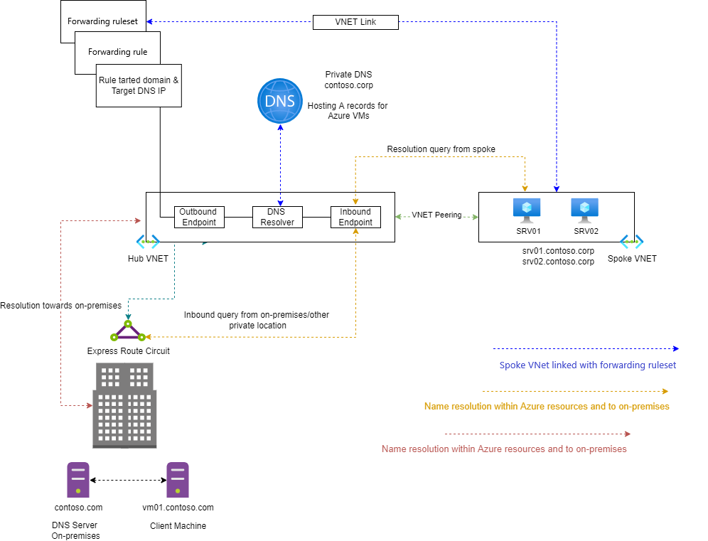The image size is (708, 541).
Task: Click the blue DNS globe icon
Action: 280,101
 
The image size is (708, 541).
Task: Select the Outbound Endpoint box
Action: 199,218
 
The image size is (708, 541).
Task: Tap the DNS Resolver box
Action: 277,218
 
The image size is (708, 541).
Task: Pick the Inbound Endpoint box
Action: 356,218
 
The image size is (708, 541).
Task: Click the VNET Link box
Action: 356,22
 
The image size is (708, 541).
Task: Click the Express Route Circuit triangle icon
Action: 128,331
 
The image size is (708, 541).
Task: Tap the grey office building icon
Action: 124,405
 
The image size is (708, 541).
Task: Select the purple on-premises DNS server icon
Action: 78,480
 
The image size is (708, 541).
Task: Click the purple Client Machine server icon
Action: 178,480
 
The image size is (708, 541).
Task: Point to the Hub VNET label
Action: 148,259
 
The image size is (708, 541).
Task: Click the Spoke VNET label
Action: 632,259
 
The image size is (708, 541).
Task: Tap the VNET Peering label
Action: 436,215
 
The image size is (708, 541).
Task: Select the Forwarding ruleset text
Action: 102,21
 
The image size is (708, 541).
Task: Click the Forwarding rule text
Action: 118,52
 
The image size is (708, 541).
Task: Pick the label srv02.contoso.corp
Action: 558,262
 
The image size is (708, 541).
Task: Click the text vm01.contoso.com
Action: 178,508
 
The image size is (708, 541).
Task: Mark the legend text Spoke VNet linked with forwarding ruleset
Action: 588,365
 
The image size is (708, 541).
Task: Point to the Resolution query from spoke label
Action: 441,149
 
